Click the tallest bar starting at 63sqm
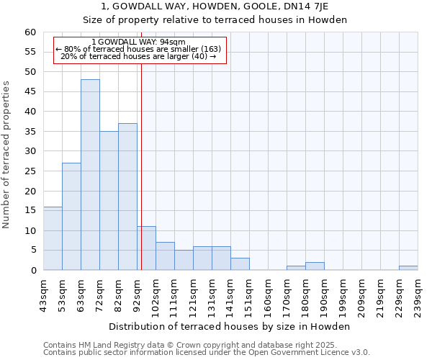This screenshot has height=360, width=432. point(90,175)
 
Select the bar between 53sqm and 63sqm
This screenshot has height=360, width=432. point(71,216)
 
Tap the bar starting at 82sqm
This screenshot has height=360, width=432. point(127,197)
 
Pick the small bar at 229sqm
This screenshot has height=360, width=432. point(408,268)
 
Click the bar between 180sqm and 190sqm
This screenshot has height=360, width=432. point(315,266)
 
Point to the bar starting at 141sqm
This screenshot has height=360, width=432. point(240,264)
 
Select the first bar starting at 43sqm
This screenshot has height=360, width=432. point(53,238)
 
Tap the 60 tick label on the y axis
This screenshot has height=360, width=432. point(30,32)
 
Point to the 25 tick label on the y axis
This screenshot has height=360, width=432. point(30,171)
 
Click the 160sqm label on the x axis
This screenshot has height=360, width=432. point(268,297)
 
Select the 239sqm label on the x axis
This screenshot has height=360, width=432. point(418,297)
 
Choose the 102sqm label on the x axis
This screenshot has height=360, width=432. point(156,297)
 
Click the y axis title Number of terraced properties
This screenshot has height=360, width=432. point(7,154)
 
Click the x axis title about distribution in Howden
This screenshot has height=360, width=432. point(230,327)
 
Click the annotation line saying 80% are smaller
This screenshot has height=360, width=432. point(138,49)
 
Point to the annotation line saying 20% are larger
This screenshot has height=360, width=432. point(138,56)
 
